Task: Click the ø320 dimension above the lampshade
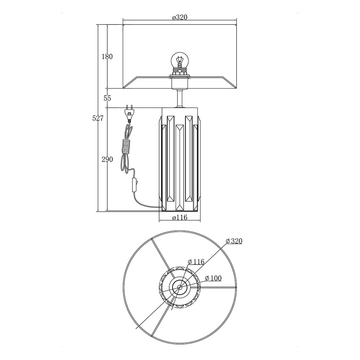tap(180, 17)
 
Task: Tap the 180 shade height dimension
tap(107, 57)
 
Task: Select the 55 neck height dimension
tap(107, 98)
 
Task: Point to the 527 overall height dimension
tap(98, 118)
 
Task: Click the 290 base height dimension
tap(107, 159)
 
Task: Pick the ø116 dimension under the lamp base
tap(180, 217)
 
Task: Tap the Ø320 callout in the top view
tap(234, 241)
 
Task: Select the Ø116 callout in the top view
tap(196, 262)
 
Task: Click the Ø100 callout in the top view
tap(213, 278)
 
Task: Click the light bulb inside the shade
tap(179, 60)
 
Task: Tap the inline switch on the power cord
tap(134, 185)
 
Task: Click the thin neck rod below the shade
tap(180, 98)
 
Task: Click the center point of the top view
tap(180, 287)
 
